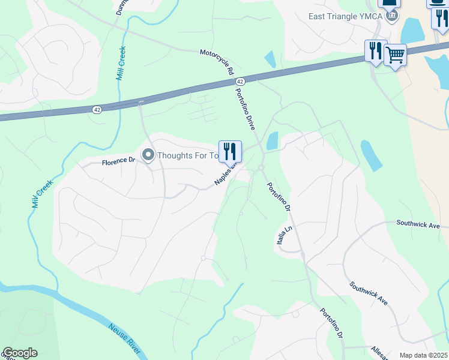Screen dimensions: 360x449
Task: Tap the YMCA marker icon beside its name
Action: (x=392, y=16)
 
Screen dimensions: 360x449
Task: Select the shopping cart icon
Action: (x=395, y=55)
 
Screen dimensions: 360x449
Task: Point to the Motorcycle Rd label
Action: (x=217, y=62)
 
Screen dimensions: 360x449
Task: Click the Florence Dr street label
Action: (x=118, y=161)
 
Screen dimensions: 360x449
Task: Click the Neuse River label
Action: (x=125, y=337)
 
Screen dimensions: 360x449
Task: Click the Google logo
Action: (x=20, y=353)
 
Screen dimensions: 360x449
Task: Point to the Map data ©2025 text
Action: (x=423, y=355)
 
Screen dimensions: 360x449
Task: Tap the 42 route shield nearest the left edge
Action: (x=97, y=109)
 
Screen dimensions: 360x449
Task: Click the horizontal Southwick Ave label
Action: (x=418, y=224)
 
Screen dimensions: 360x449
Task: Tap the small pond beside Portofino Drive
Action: (x=272, y=141)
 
